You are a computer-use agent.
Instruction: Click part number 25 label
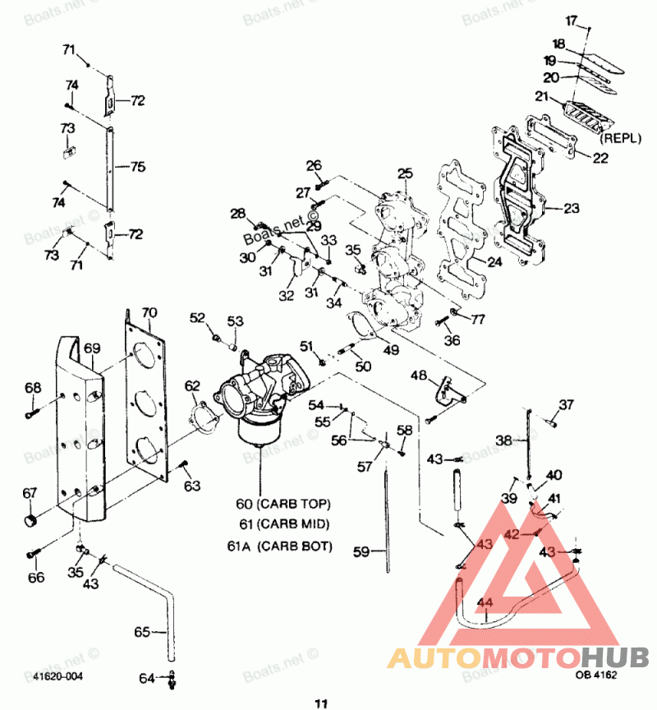[x=405, y=173]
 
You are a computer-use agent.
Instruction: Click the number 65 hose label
[x=143, y=632]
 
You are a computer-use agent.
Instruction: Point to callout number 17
[x=572, y=20]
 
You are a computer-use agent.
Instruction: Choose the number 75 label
[x=137, y=166]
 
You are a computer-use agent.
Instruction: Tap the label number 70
[x=149, y=312]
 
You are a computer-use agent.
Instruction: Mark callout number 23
[x=572, y=208]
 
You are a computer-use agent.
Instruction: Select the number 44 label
[x=485, y=602]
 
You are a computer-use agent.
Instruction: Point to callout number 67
[x=30, y=493]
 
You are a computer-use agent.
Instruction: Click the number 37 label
[x=567, y=403]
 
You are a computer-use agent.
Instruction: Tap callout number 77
[x=477, y=318]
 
